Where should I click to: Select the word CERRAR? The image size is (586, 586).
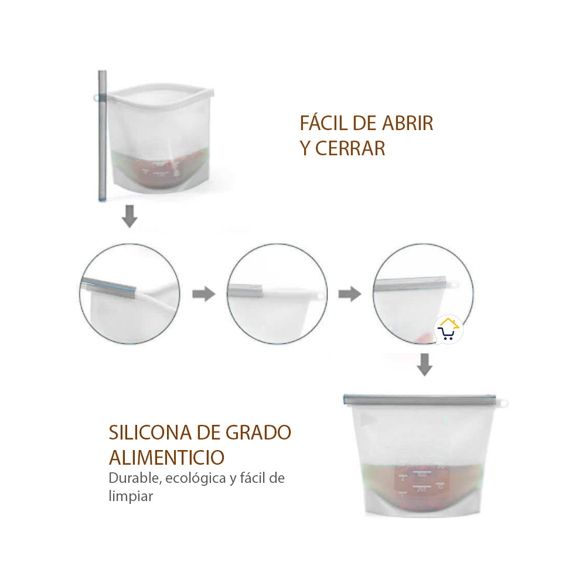(350, 149)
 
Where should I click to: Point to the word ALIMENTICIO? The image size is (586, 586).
(166, 457)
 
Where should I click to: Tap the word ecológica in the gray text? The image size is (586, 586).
(196, 478)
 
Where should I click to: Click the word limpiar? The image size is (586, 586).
(131, 496)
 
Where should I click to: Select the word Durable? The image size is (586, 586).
(134, 478)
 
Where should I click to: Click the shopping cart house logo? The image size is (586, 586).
(448, 330)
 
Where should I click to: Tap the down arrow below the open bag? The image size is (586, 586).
(130, 217)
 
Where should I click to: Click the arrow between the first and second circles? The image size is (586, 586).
(203, 294)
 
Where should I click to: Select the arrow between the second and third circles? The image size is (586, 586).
(349, 294)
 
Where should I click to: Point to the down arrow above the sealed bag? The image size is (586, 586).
(425, 366)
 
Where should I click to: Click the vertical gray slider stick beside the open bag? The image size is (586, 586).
(103, 138)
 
